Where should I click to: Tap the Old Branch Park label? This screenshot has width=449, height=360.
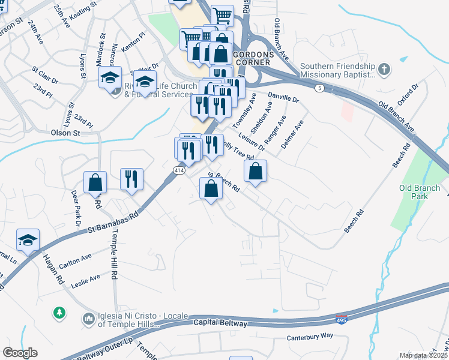pyautogui.click(x=419, y=193)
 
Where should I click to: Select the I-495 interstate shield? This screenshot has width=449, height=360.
pyautogui.click(x=342, y=319)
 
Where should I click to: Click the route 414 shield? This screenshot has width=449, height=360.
pyautogui.click(x=179, y=171)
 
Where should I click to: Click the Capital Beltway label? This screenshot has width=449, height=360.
pyautogui.click(x=220, y=323)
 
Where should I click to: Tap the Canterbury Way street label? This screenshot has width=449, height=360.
pyautogui.click(x=310, y=337)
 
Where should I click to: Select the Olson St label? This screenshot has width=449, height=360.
pyautogui.click(x=65, y=132)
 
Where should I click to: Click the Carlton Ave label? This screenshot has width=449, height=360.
pyautogui.click(x=75, y=260)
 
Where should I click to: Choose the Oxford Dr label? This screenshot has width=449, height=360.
pyautogui.click(x=406, y=96)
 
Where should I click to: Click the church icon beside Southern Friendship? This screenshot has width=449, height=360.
pyautogui.click(x=384, y=70)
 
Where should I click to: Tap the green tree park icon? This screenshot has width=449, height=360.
pyautogui.click(x=59, y=313)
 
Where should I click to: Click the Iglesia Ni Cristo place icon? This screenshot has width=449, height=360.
pyautogui.click(x=88, y=317)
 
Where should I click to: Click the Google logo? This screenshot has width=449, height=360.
pyautogui.click(x=20, y=353)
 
